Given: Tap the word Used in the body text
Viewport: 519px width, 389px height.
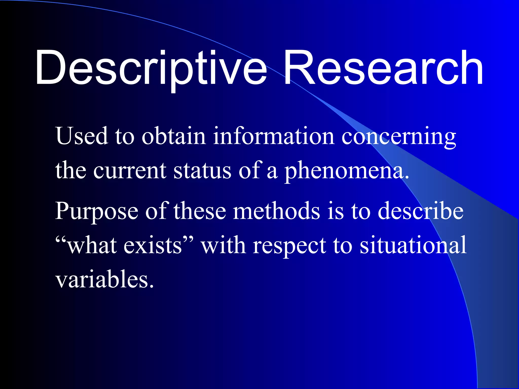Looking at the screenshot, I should click(x=82, y=136).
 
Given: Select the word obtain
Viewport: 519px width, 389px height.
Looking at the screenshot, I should click(x=174, y=136).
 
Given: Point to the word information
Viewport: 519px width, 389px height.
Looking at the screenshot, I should click(x=274, y=136).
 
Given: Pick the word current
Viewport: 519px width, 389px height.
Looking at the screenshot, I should click(x=130, y=170).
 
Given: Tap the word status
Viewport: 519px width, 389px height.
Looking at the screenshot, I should click(x=202, y=170).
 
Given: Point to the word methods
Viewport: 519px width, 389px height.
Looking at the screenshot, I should click(x=276, y=211).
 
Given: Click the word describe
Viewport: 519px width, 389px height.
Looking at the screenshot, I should click(x=420, y=211).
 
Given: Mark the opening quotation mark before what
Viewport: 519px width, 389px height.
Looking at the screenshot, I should click(x=61, y=239).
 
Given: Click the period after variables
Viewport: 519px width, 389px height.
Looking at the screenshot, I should click(x=152, y=286).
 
